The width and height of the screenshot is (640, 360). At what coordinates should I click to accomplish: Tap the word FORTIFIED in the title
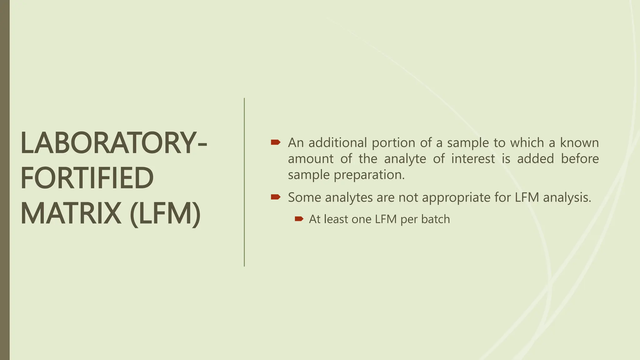pyautogui.click(x=87, y=178)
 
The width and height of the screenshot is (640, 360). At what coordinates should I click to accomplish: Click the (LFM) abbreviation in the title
pyautogui.click(x=165, y=214)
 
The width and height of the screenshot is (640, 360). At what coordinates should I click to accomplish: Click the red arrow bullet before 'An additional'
pyautogui.click(x=275, y=142)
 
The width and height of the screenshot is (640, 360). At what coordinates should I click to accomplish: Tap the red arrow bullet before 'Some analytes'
pyautogui.click(x=275, y=197)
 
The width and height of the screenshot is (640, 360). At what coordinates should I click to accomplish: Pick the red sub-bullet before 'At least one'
pyautogui.click(x=299, y=219)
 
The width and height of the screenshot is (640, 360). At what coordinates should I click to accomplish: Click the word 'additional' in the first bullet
pyautogui.click(x=337, y=143)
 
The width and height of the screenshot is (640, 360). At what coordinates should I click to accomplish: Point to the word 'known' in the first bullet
pyautogui.click(x=579, y=143)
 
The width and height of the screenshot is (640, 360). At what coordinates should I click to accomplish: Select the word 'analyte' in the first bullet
pyautogui.click(x=405, y=159)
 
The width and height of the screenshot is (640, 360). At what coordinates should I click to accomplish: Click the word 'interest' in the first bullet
pyautogui.click(x=473, y=159)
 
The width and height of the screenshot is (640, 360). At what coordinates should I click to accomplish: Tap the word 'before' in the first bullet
pyautogui.click(x=580, y=159)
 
